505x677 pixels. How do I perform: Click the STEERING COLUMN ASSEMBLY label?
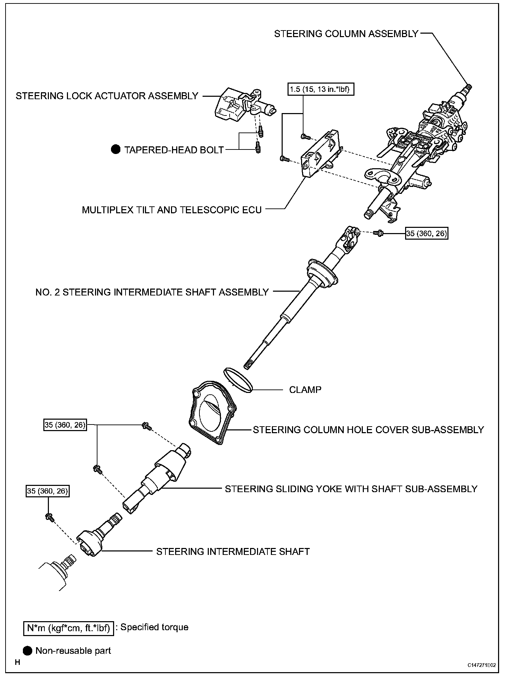(x=346, y=34)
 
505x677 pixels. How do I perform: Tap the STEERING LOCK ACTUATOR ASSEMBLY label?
(x=107, y=96)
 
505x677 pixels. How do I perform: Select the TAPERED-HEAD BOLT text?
(x=174, y=150)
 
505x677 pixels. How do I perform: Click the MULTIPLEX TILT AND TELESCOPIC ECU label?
(x=172, y=210)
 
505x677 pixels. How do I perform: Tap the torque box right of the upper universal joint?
(x=427, y=233)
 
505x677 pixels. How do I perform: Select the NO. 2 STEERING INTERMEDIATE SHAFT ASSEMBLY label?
(x=152, y=292)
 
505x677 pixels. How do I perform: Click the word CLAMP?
(x=305, y=389)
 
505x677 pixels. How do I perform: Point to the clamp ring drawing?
(x=239, y=380)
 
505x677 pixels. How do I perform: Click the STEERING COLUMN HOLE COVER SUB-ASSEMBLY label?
(x=368, y=430)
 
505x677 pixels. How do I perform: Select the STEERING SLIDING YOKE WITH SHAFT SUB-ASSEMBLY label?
(x=351, y=489)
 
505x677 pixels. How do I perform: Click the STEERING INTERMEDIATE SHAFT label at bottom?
(x=233, y=551)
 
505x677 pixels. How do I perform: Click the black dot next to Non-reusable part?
(x=28, y=651)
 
